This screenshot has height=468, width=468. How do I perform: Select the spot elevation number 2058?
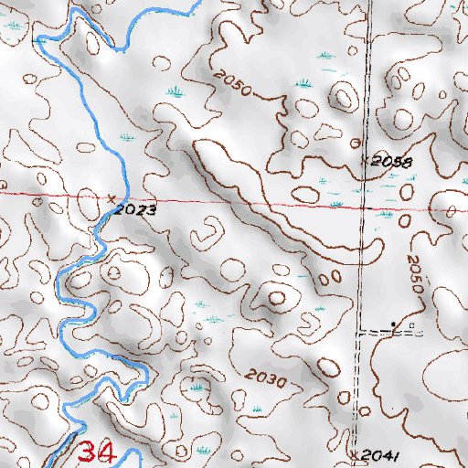click(x=393, y=162)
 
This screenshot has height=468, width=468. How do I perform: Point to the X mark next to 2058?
click(x=365, y=158)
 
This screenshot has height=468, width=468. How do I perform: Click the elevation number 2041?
click(x=375, y=454)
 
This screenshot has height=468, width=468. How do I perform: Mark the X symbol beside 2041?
click(x=355, y=452)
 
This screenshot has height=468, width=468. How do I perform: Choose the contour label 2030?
click(x=266, y=378)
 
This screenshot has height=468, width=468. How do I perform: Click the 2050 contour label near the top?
click(x=230, y=85)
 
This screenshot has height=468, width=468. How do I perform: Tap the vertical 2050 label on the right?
click(x=417, y=273)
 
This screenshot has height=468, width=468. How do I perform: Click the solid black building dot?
click(x=395, y=324)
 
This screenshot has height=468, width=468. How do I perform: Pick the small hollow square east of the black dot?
click(x=411, y=326)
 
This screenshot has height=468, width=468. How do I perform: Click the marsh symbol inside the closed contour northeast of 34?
click(x=197, y=388)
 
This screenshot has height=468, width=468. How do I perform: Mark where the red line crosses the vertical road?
click(x=364, y=207)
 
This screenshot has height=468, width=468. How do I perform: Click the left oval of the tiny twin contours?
click(x=324, y=275)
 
